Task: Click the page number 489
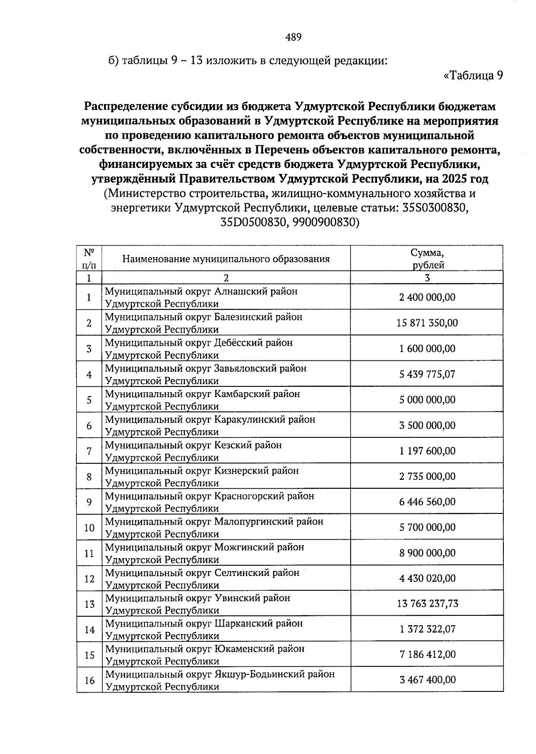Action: [x=293, y=38]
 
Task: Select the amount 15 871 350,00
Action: [x=427, y=323]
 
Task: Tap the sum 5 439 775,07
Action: [x=427, y=374]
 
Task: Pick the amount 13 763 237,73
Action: [x=427, y=604]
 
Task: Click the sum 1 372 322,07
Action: [x=427, y=630]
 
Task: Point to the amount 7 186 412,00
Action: [x=427, y=655]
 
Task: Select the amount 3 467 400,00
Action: [x=427, y=680]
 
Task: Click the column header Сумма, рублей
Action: [x=427, y=258]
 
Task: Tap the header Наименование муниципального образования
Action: [x=226, y=259]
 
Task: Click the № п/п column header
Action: [x=89, y=258]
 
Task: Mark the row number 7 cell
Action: [x=89, y=451]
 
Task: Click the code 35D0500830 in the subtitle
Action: [x=253, y=222]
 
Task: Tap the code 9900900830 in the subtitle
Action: [x=326, y=222]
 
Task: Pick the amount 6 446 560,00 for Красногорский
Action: [x=427, y=502]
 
